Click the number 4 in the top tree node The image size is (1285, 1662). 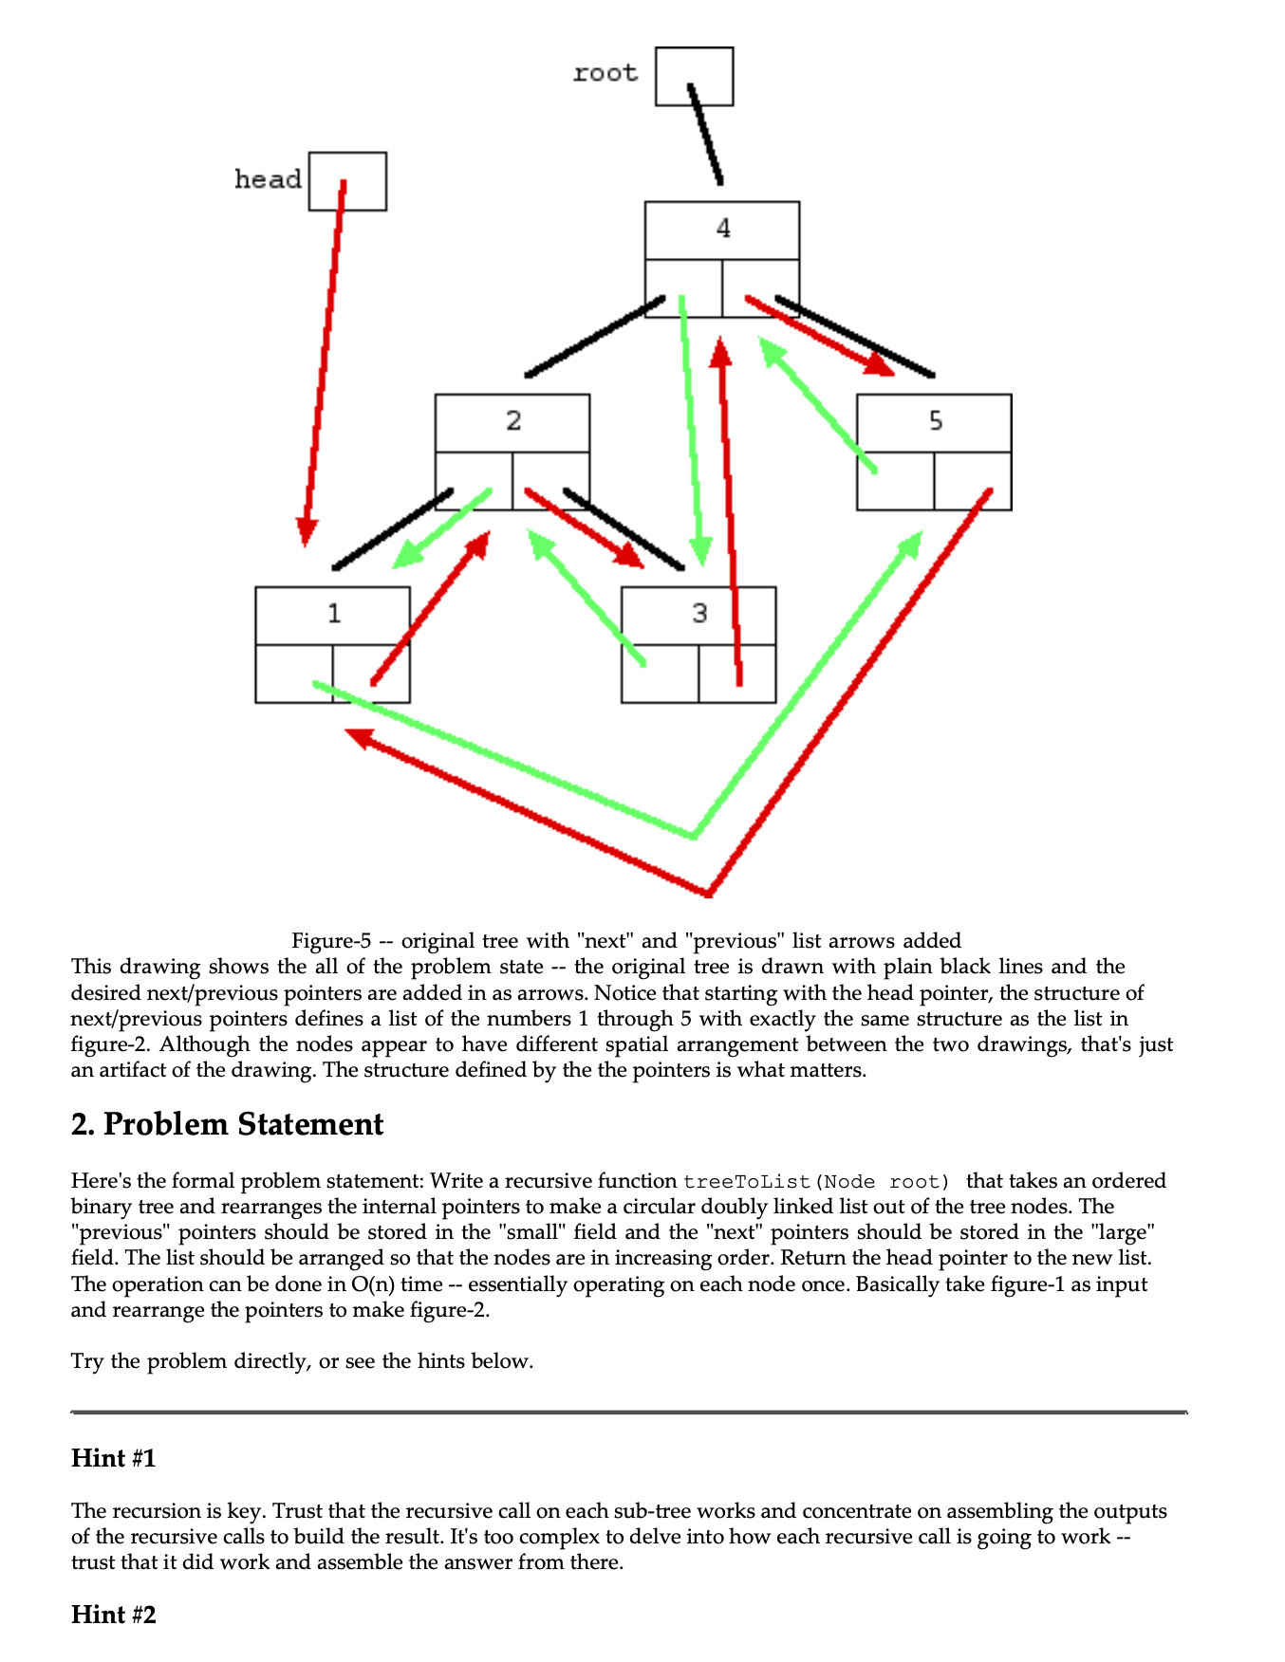click(723, 229)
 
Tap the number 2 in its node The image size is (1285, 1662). click(513, 421)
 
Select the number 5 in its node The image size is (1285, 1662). click(936, 421)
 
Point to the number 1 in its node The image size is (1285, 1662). click(334, 615)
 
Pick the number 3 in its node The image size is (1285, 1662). click(699, 614)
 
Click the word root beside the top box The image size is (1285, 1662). click(605, 73)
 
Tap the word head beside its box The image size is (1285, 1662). click(268, 179)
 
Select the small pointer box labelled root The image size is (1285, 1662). click(694, 76)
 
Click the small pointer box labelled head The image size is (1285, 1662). click(347, 181)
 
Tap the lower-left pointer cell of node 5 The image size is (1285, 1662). click(895, 481)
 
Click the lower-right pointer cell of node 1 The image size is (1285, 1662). click(372, 674)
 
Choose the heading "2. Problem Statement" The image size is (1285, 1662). click(227, 1124)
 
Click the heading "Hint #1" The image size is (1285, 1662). click(113, 1458)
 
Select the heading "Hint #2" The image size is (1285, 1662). click(113, 1615)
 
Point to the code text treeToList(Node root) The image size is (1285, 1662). click(816, 1182)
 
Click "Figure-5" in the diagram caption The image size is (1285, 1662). click(330, 941)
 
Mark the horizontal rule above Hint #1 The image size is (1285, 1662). click(628, 1413)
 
